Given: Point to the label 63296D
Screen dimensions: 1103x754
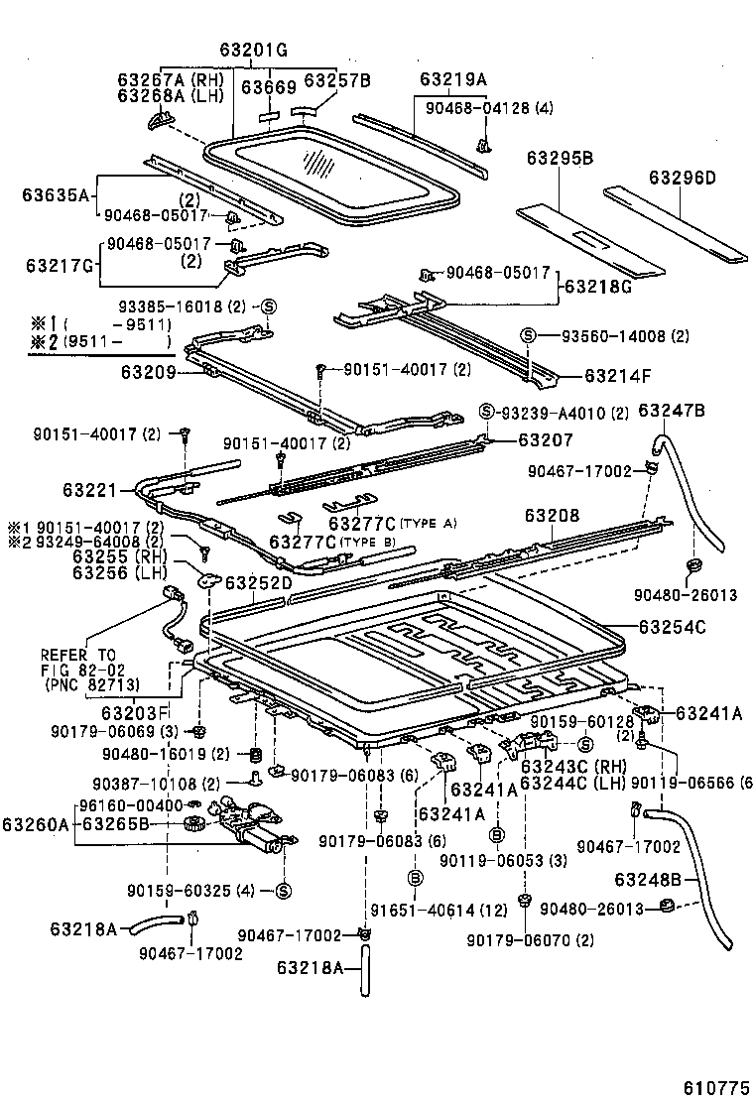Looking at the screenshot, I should coord(682,178).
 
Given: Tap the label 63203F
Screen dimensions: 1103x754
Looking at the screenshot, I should coord(136,711).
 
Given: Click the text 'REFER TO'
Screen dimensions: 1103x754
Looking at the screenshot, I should coord(78,655).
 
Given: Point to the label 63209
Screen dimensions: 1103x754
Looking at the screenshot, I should coord(149,373).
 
